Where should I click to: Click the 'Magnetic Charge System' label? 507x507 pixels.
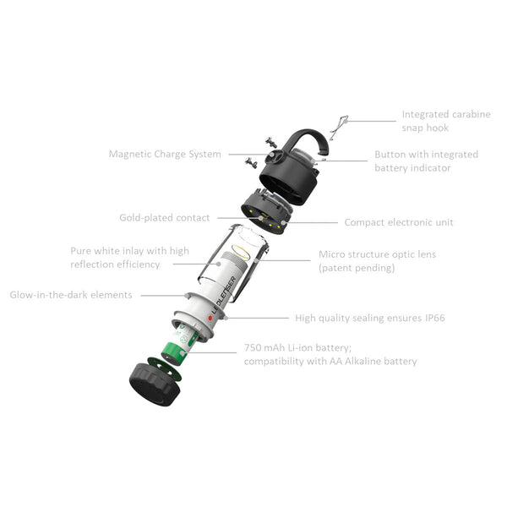point(165,155)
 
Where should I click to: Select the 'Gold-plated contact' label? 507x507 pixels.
point(164,218)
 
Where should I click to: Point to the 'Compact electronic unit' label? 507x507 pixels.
point(398,222)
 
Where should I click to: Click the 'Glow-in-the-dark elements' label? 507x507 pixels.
point(71,295)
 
